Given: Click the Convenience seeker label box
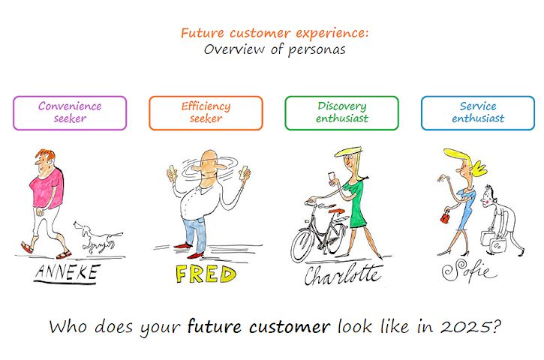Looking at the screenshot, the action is tap(70, 113).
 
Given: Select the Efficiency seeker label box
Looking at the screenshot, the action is tap(206, 113).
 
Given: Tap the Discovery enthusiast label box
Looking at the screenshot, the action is tap(341, 113).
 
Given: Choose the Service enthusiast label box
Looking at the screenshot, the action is tap(478, 113).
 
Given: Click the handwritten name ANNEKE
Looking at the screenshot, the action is tap(67, 273).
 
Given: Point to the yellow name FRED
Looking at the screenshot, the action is tap(206, 274).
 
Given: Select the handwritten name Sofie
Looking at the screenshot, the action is tap(468, 271).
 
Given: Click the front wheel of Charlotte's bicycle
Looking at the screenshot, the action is tap(305, 245).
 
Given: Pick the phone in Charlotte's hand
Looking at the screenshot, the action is tap(332, 176).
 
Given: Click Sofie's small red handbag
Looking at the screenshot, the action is tap(445, 217).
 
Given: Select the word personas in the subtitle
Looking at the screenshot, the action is tap(317, 50).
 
